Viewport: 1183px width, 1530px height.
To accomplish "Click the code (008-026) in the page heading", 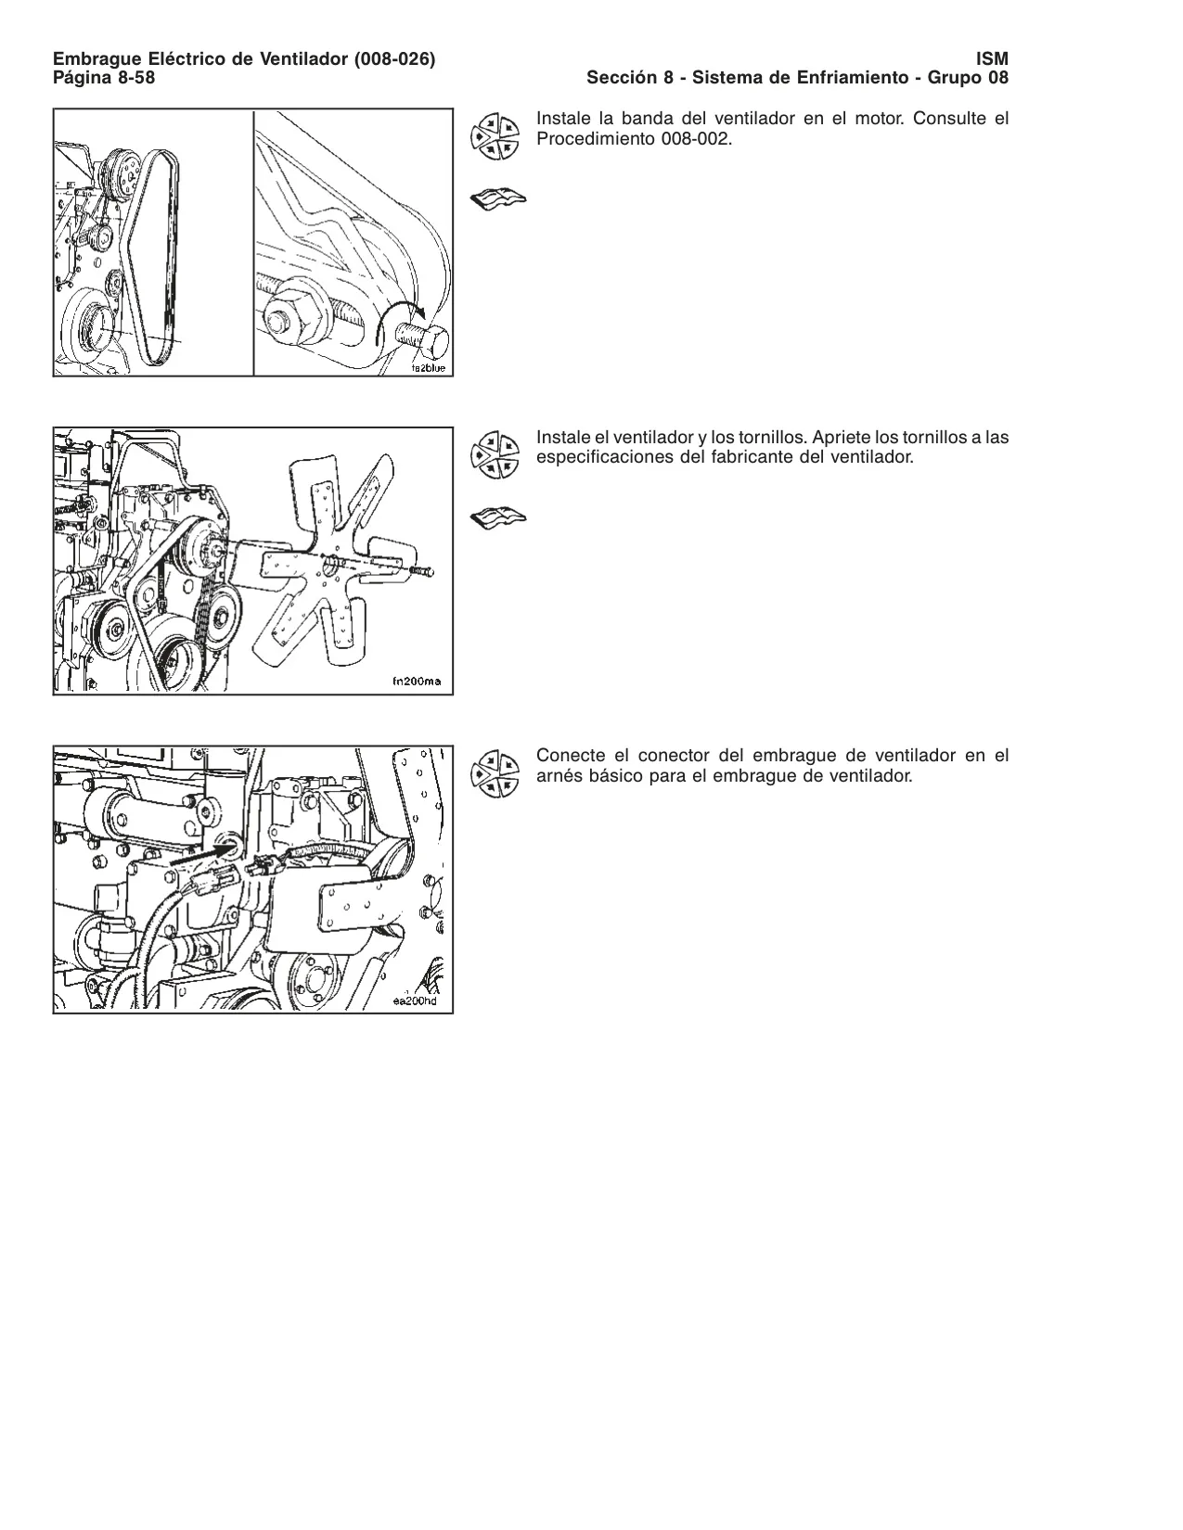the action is [x=394, y=59].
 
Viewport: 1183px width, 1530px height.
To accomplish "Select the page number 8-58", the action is [x=136, y=78].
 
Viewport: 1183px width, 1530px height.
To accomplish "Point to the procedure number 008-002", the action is [x=694, y=139].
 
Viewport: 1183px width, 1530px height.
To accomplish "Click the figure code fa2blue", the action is [x=429, y=368].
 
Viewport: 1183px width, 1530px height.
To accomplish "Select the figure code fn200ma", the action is [x=417, y=681].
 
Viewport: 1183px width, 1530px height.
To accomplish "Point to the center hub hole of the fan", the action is [x=329, y=565].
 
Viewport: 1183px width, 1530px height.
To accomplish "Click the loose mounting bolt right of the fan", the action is [x=420, y=571].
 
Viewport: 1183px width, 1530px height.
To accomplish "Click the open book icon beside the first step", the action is [x=498, y=199].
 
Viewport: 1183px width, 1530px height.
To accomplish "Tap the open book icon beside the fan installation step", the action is [x=498, y=518].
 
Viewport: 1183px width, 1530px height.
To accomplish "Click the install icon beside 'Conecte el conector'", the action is [x=495, y=773].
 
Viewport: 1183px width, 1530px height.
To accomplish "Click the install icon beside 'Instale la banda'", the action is [x=495, y=136].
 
